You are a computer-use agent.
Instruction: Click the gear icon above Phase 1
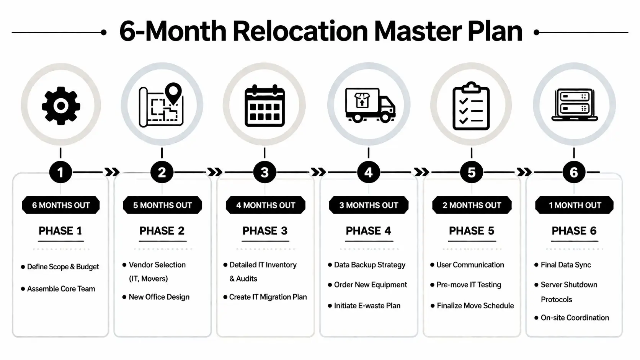pyautogui.click(x=60, y=106)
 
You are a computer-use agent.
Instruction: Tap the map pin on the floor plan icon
pyautogui.click(x=173, y=92)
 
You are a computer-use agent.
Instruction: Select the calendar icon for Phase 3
pyautogui.click(x=264, y=106)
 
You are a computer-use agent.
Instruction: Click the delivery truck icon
pyautogui.click(x=370, y=105)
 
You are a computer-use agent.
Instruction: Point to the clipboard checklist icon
pyautogui.click(x=471, y=106)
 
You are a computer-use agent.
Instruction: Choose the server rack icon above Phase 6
pyautogui.click(x=574, y=105)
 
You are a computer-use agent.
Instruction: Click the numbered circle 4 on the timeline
pyautogui.click(x=368, y=173)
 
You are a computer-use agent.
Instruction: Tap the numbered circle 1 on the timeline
pyautogui.click(x=60, y=173)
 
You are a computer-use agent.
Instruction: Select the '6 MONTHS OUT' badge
pyautogui.click(x=61, y=205)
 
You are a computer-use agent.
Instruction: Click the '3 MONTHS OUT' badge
pyautogui.click(x=369, y=205)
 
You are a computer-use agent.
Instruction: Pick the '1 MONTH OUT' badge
pyautogui.click(x=574, y=205)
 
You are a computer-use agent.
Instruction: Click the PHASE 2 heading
pyautogui.click(x=162, y=231)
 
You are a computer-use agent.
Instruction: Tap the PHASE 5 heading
pyautogui.click(x=472, y=231)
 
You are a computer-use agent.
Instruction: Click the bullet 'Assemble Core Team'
pyautogui.click(x=61, y=289)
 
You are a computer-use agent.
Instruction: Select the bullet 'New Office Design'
pyautogui.click(x=159, y=297)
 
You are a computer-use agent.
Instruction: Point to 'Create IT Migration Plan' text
pyautogui.click(x=268, y=297)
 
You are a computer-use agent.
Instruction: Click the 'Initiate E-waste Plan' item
pyautogui.click(x=367, y=306)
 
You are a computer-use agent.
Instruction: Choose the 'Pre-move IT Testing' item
pyautogui.click(x=469, y=285)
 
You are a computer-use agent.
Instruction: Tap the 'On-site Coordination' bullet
pyautogui.click(x=575, y=318)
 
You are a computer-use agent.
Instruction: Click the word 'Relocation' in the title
pyautogui.click(x=300, y=31)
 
